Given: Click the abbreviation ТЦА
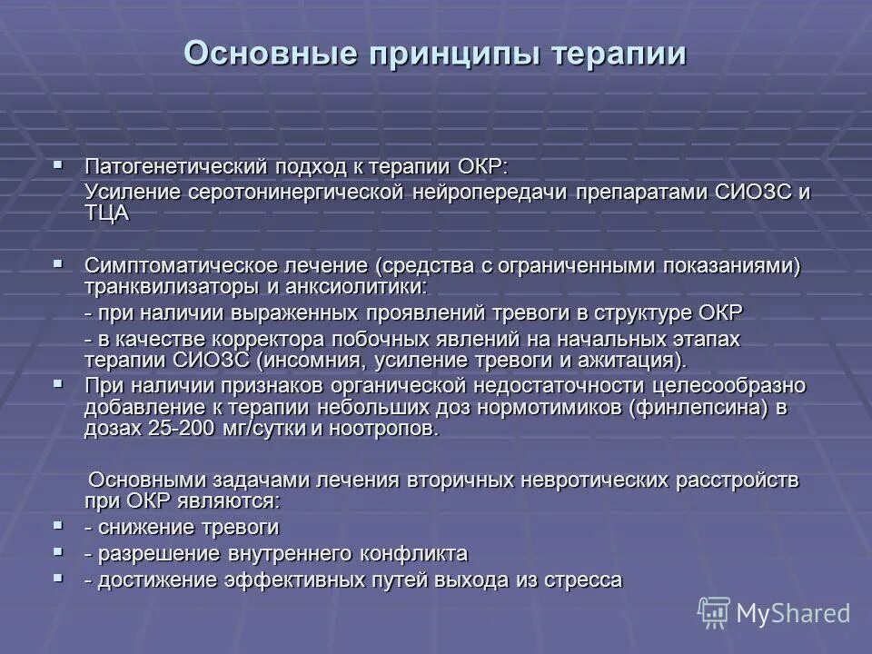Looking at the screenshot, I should [107, 213].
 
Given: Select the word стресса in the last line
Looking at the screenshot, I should [582, 580].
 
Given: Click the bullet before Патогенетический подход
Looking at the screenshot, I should [59, 166].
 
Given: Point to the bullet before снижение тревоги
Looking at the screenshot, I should [59, 525].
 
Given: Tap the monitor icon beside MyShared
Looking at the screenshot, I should [714, 613].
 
